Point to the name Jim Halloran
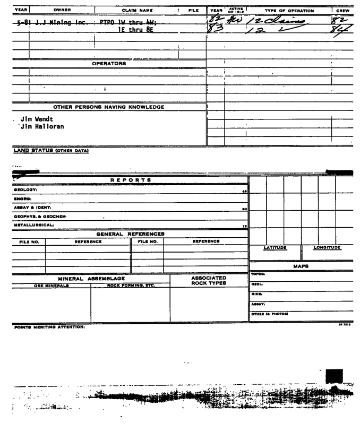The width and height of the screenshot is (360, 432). [x=40, y=127]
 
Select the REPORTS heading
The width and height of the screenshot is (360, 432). [x=130, y=180]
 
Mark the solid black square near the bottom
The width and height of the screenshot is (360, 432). [x=334, y=376]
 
